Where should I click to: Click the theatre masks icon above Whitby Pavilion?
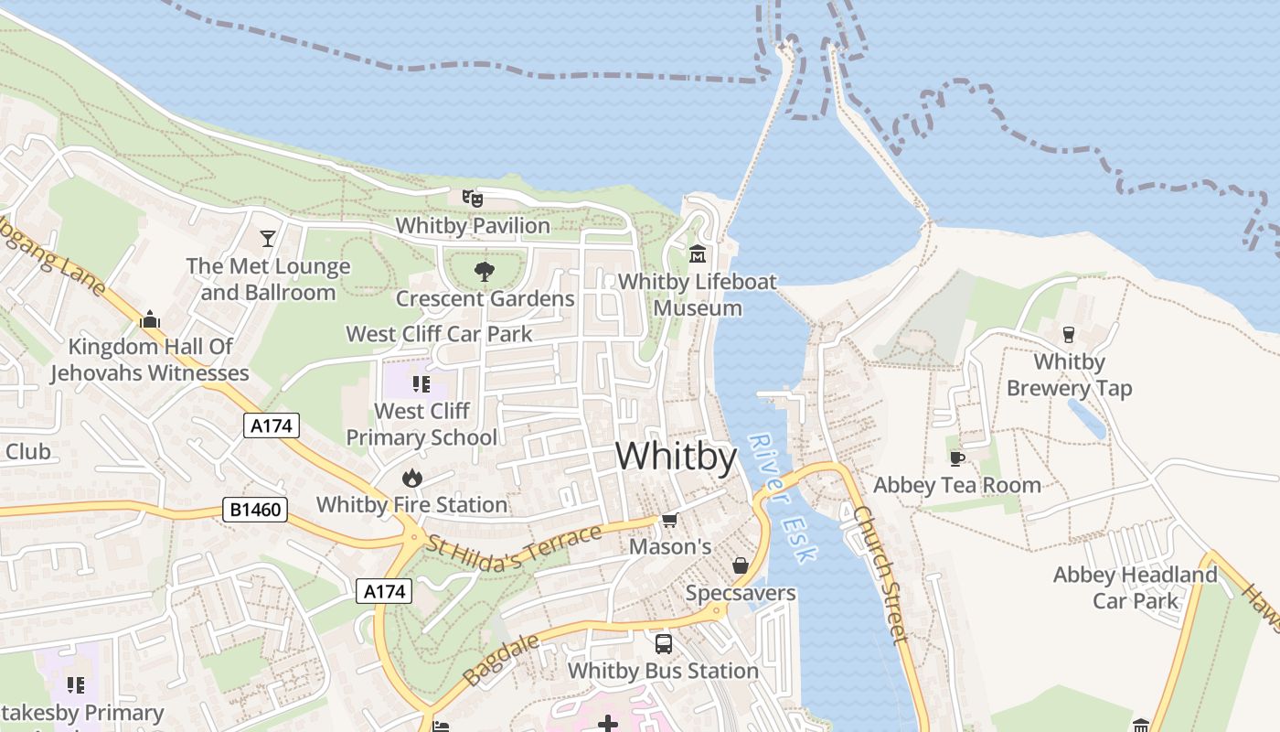472,198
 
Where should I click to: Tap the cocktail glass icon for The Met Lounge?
267,239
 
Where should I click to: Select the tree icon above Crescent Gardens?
485,271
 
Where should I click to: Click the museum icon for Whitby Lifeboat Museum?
698,253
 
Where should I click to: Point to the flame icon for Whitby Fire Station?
411,477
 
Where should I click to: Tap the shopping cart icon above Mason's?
669,520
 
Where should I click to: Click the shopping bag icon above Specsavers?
741,565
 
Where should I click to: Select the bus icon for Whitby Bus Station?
663,643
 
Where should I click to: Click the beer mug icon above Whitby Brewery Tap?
1069,334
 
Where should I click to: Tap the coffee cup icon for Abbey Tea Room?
957,457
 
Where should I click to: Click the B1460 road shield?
254,510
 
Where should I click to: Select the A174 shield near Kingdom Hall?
272,425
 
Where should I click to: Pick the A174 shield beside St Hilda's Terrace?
384,591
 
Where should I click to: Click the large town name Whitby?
676,456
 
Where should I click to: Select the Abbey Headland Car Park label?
1135,587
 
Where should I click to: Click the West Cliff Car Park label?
439,334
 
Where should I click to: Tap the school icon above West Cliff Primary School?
421,383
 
